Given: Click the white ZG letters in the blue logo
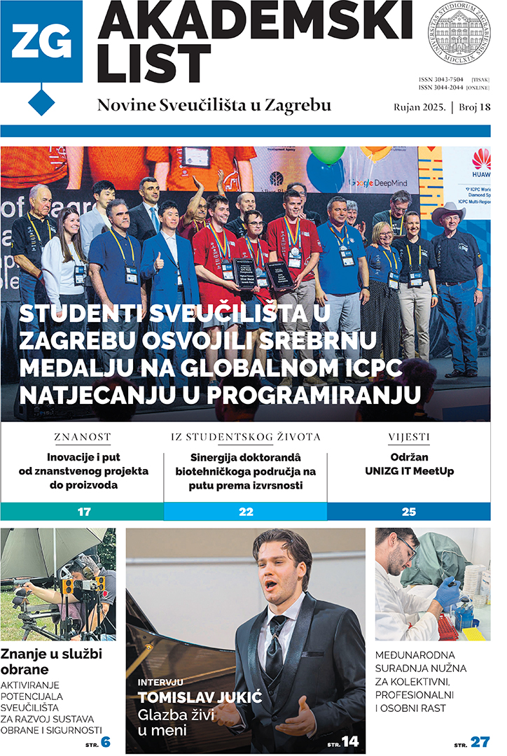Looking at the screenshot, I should [41, 43].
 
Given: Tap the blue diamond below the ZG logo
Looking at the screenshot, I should [41, 101].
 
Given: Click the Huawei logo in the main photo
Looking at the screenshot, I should [481, 161].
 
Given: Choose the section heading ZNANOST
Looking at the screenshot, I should [83, 437].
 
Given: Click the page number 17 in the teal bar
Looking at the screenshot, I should [83, 512].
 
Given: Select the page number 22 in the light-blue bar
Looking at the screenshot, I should [246, 512].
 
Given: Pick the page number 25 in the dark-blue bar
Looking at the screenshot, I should [409, 512].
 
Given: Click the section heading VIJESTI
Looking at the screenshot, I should [409, 437].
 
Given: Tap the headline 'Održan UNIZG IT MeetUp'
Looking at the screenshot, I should [409, 464].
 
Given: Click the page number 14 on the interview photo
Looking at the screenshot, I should [350, 741].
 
